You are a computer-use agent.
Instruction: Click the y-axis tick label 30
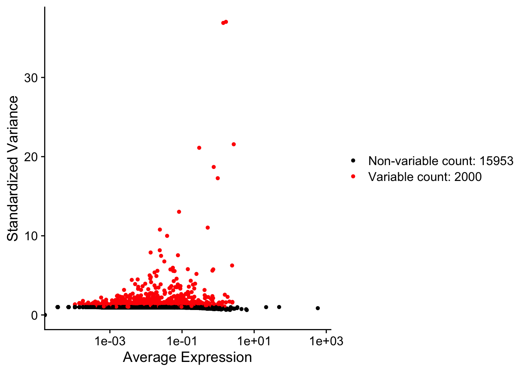tap(31, 78)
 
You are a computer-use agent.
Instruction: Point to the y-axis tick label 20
tap(31, 157)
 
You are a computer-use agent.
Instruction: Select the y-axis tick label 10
tap(31, 236)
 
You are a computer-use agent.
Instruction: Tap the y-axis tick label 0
tap(35, 315)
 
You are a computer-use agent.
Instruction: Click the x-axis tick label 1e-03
tap(110, 341)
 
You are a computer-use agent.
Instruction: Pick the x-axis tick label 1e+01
tap(254, 341)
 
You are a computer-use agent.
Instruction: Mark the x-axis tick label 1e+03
tap(326, 341)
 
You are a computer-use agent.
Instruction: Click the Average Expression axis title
tap(187, 357)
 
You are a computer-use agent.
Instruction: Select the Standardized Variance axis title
tap(13, 169)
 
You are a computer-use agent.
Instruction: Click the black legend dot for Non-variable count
tap(353, 160)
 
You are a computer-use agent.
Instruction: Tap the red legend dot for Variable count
tap(353, 176)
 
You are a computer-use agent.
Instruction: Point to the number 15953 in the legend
tap(496, 161)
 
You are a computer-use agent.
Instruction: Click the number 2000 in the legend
tap(468, 177)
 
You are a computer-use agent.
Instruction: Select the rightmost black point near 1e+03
tap(318, 308)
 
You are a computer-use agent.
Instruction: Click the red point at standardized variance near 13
tap(179, 212)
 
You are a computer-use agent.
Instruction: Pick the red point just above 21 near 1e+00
tap(234, 144)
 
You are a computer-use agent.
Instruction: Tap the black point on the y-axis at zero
tap(45, 315)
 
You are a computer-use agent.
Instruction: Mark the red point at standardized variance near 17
tap(218, 178)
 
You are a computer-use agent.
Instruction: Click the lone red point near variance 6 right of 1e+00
tap(232, 265)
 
